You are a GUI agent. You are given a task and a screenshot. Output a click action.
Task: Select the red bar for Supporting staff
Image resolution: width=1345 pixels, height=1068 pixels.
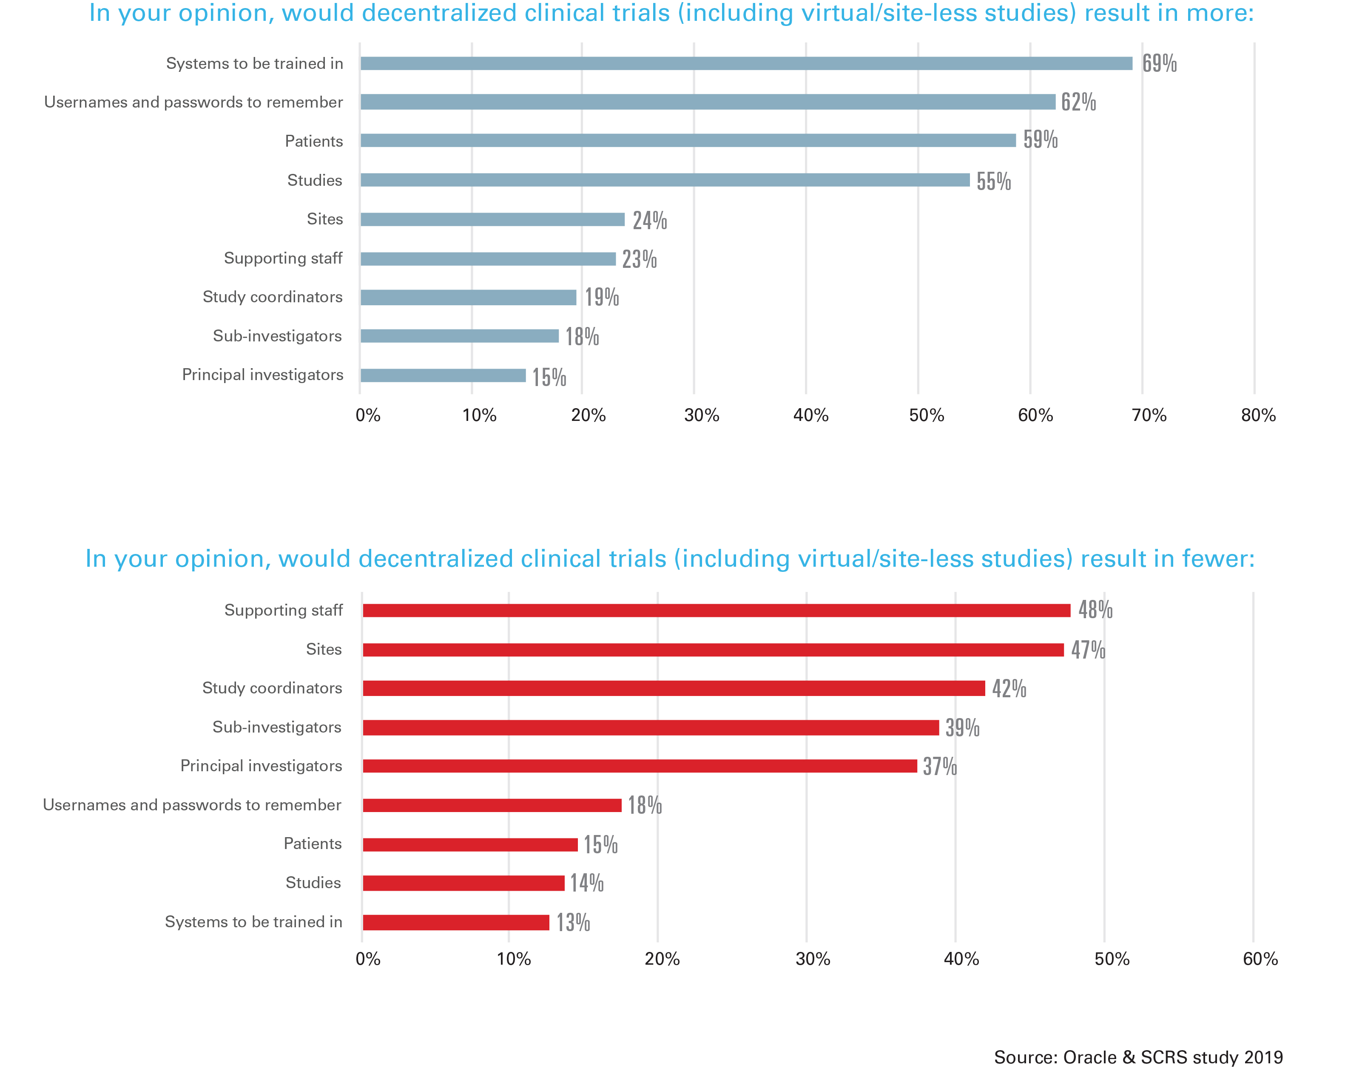(x=716, y=610)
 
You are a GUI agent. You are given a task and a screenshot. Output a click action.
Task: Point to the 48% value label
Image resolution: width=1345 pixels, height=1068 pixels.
(x=1095, y=610)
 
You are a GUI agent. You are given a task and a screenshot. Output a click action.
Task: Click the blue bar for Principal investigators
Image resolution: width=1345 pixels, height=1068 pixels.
(x=443, y=375)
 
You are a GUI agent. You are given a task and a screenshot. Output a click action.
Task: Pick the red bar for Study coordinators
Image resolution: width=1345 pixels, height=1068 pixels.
(x=673, y=688)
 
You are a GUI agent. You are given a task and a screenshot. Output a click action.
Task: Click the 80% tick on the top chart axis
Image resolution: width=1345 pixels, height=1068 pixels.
(x=1258, y=415)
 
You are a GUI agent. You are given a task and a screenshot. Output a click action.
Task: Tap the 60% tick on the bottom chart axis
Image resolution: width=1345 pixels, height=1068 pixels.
(x=1260, y=959)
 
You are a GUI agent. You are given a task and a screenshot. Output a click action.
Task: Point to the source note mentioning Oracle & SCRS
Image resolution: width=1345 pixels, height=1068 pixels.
(x=1138, y=1040)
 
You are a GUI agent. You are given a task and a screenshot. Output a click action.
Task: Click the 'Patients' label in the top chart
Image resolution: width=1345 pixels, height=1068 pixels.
(x=314, y=142)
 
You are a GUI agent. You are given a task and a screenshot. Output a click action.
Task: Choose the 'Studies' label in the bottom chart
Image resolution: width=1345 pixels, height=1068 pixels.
(x=313, y=883)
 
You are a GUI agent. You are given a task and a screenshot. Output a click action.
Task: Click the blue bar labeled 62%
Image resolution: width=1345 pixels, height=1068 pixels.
(x=708, y=102)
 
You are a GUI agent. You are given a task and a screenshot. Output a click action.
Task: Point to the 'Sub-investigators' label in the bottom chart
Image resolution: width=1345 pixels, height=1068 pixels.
(x=277, y=727)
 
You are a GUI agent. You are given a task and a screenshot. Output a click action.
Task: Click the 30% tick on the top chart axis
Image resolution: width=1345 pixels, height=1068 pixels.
(x=701, y=415)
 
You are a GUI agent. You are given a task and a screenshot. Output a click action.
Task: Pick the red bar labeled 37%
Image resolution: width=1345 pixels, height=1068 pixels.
(x=640, y=766)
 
